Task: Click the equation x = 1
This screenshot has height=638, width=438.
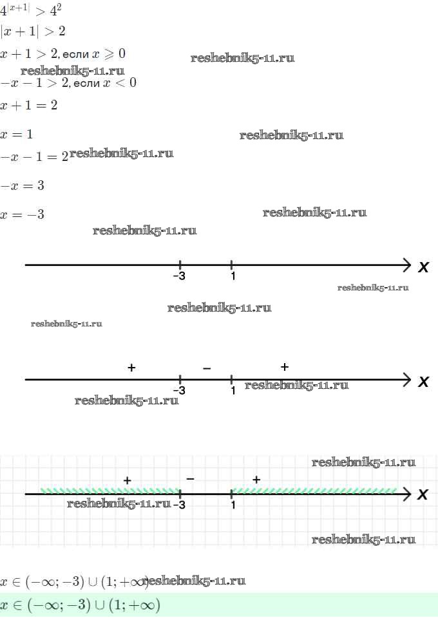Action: pyautogui.click(x=16, y=135)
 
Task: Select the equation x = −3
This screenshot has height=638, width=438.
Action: pyautogui.click(x=22, y=214)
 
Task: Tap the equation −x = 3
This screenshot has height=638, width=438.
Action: pyautogui.click(x=22, y=185)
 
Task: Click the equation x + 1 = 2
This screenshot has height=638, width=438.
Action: pyautogui.click(x=28, y=106)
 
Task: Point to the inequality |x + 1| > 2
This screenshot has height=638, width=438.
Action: pyautogui.click(x=33, y=32)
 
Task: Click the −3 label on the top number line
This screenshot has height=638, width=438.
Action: pyautogui.click(x=179, y=276)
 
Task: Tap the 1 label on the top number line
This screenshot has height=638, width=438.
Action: pyautogui.click(x=233, y=276)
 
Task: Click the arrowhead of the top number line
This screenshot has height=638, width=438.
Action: pyautogui.click(x=406, y=265)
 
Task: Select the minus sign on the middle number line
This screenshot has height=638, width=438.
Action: pyautogui.click(x=207, y=369)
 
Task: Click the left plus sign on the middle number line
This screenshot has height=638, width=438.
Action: pyautogui.click(x=131, y=368)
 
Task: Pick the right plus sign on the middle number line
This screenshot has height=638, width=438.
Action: pyautogui.click(x=285, y=367)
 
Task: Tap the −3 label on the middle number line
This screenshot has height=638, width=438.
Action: pyautogui.click(x=179, y=391)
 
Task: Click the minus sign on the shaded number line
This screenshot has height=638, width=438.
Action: pyautogui.click(x=190, y=479)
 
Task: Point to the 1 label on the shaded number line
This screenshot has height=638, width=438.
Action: pyautogui.click(x=233, y=505)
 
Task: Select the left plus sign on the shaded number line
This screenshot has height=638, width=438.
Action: pyautogui.click(x=127, y=480)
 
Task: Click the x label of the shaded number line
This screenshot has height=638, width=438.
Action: pyautogui.click(x=423, y=494)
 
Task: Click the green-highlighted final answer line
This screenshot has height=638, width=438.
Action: pyautogui.click(x=80, y=605)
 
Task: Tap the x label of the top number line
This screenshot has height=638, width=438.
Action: pyautogui.click(x=423, y=267)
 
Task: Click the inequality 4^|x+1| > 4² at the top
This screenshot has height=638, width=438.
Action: pyautogui.click(x=30, y=10)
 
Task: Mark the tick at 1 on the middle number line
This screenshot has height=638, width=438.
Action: pyautogui.click(x=231, y=380)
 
